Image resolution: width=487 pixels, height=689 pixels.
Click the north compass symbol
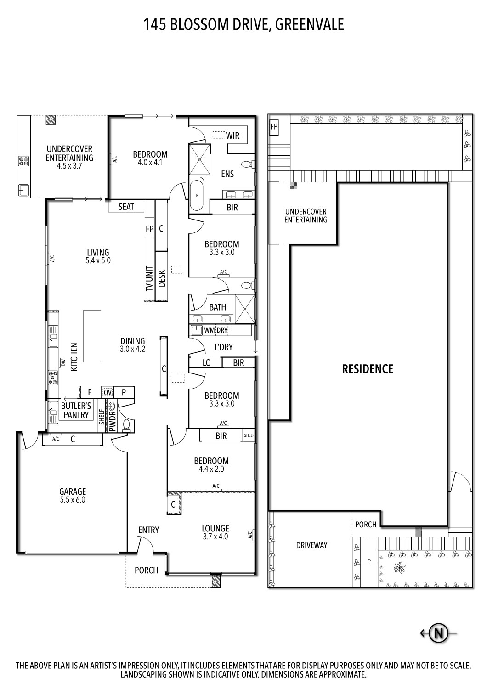pyautogui.click(x=438, y=633)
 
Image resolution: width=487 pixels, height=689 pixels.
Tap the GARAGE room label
pyautogui.click(x=73, y=491)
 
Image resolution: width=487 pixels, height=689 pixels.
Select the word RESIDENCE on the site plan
pyautogui.click(x=368, y=369)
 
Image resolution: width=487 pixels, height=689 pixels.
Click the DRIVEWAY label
pyautogui.click(x=311, y=545)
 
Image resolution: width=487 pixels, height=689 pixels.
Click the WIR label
pyautogui.click(x=232, y=136)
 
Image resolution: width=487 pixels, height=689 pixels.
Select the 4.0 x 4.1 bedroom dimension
pyautogui.click(x=150, y=162)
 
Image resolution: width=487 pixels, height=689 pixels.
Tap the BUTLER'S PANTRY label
pyautogui.click(x=76, y=410)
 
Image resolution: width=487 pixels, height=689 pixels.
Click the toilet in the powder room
pyautogui.click(x=125, y=425)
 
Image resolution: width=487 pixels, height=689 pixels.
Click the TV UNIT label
pyautogui.click(x=149, y=279)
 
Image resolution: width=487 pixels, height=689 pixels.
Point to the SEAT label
pyautogui.click(x=126, y=207)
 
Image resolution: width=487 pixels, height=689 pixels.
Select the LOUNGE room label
pyautogui.click(x=215, y=528)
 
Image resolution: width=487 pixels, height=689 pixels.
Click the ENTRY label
pyautogui.click(x=148, y=530)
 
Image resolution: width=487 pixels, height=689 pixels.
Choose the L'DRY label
pyautogui.click(x=223, y=347)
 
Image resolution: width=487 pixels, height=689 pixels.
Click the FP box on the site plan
pyautogui.click(x=274, y=127)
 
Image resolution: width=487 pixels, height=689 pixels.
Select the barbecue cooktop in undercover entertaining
pyautogui.click(x=23, y=161)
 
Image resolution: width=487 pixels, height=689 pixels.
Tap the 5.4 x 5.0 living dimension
pyautogui.click(x=98, y=260)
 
